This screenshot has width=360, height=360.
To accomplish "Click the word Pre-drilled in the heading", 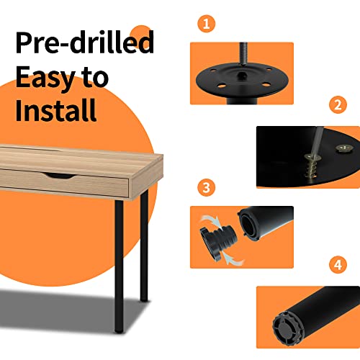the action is click(84, 42).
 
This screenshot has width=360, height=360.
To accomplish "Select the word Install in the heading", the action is click(56, 110).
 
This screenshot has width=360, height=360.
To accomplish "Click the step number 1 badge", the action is click(206, 24).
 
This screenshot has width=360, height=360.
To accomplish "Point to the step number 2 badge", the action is click(338, 105).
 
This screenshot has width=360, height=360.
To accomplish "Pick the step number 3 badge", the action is click(206, 188).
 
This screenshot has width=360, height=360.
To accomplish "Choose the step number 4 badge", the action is click(338, 265).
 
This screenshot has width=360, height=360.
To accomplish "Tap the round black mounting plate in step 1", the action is click(242, 80).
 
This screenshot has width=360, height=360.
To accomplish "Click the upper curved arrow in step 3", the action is click(211, 221).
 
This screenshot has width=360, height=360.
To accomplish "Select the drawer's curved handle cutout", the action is click(59, 176).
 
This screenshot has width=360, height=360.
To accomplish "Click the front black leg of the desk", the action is click(119, 266).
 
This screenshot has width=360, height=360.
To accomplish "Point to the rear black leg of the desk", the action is click(144, 245).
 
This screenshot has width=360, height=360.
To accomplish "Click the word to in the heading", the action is click(95, 78).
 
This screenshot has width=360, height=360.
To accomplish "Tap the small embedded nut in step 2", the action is click(343, 148).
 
